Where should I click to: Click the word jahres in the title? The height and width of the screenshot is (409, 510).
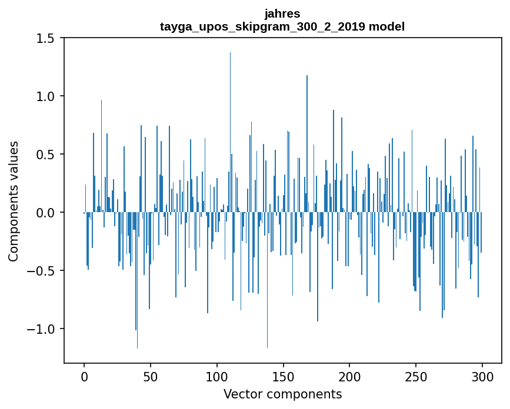tap(282, 14)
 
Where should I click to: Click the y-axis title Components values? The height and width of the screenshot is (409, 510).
tap(14, 201)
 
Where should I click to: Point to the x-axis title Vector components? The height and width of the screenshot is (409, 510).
tap(282, 394)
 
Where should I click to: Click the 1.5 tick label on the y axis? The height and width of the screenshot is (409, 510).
tap(45, 38)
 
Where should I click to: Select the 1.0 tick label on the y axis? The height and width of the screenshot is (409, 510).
tap(45, 96)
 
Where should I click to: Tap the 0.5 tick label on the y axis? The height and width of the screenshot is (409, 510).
tap(45, 155)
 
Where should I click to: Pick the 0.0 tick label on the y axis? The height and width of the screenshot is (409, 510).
tap(45, 213)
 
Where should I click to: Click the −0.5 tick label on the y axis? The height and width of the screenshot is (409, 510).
tap(41, 271)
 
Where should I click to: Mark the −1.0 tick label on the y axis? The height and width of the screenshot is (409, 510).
tap(41, 329)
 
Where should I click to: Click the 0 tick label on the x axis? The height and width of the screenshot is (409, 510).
tap(84, 376)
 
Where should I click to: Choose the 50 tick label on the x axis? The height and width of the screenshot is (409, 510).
tap(151, 376)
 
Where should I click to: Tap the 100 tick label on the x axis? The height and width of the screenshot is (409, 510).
tap(217, 376)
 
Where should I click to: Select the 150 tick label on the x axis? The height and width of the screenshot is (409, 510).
tap(284, 376)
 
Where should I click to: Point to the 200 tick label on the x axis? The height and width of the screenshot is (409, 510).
tap(350, 376)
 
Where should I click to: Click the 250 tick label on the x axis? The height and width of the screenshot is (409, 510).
tap(416, 376)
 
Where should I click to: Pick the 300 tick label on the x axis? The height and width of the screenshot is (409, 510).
tap(482, 376)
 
